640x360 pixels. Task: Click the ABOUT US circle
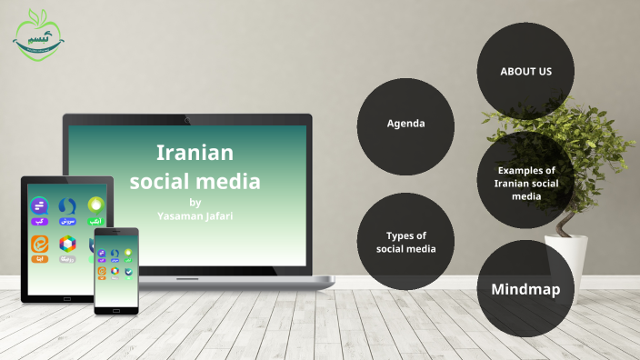[525, 71]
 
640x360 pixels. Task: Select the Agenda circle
[405, 123]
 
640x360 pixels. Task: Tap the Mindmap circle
[525, 290]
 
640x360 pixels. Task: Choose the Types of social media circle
[405, 242]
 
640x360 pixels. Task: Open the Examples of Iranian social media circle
[525, 183]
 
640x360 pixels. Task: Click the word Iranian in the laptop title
[195, 152]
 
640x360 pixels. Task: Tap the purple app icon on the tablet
[39, 206]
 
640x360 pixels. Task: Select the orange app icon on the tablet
[39, 244]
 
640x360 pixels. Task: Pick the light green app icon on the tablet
[95, 205]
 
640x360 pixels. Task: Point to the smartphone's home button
[116, 311]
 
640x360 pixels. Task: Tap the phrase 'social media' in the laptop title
[195, 181]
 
